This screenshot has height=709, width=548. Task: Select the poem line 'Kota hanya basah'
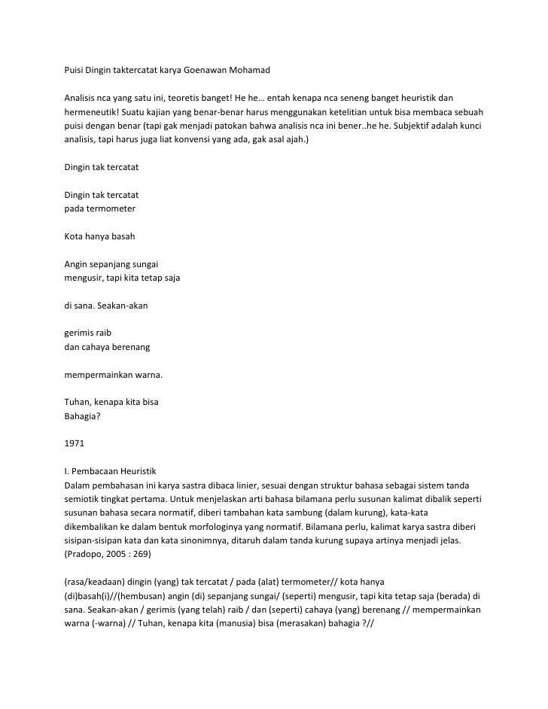click(99, 236)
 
